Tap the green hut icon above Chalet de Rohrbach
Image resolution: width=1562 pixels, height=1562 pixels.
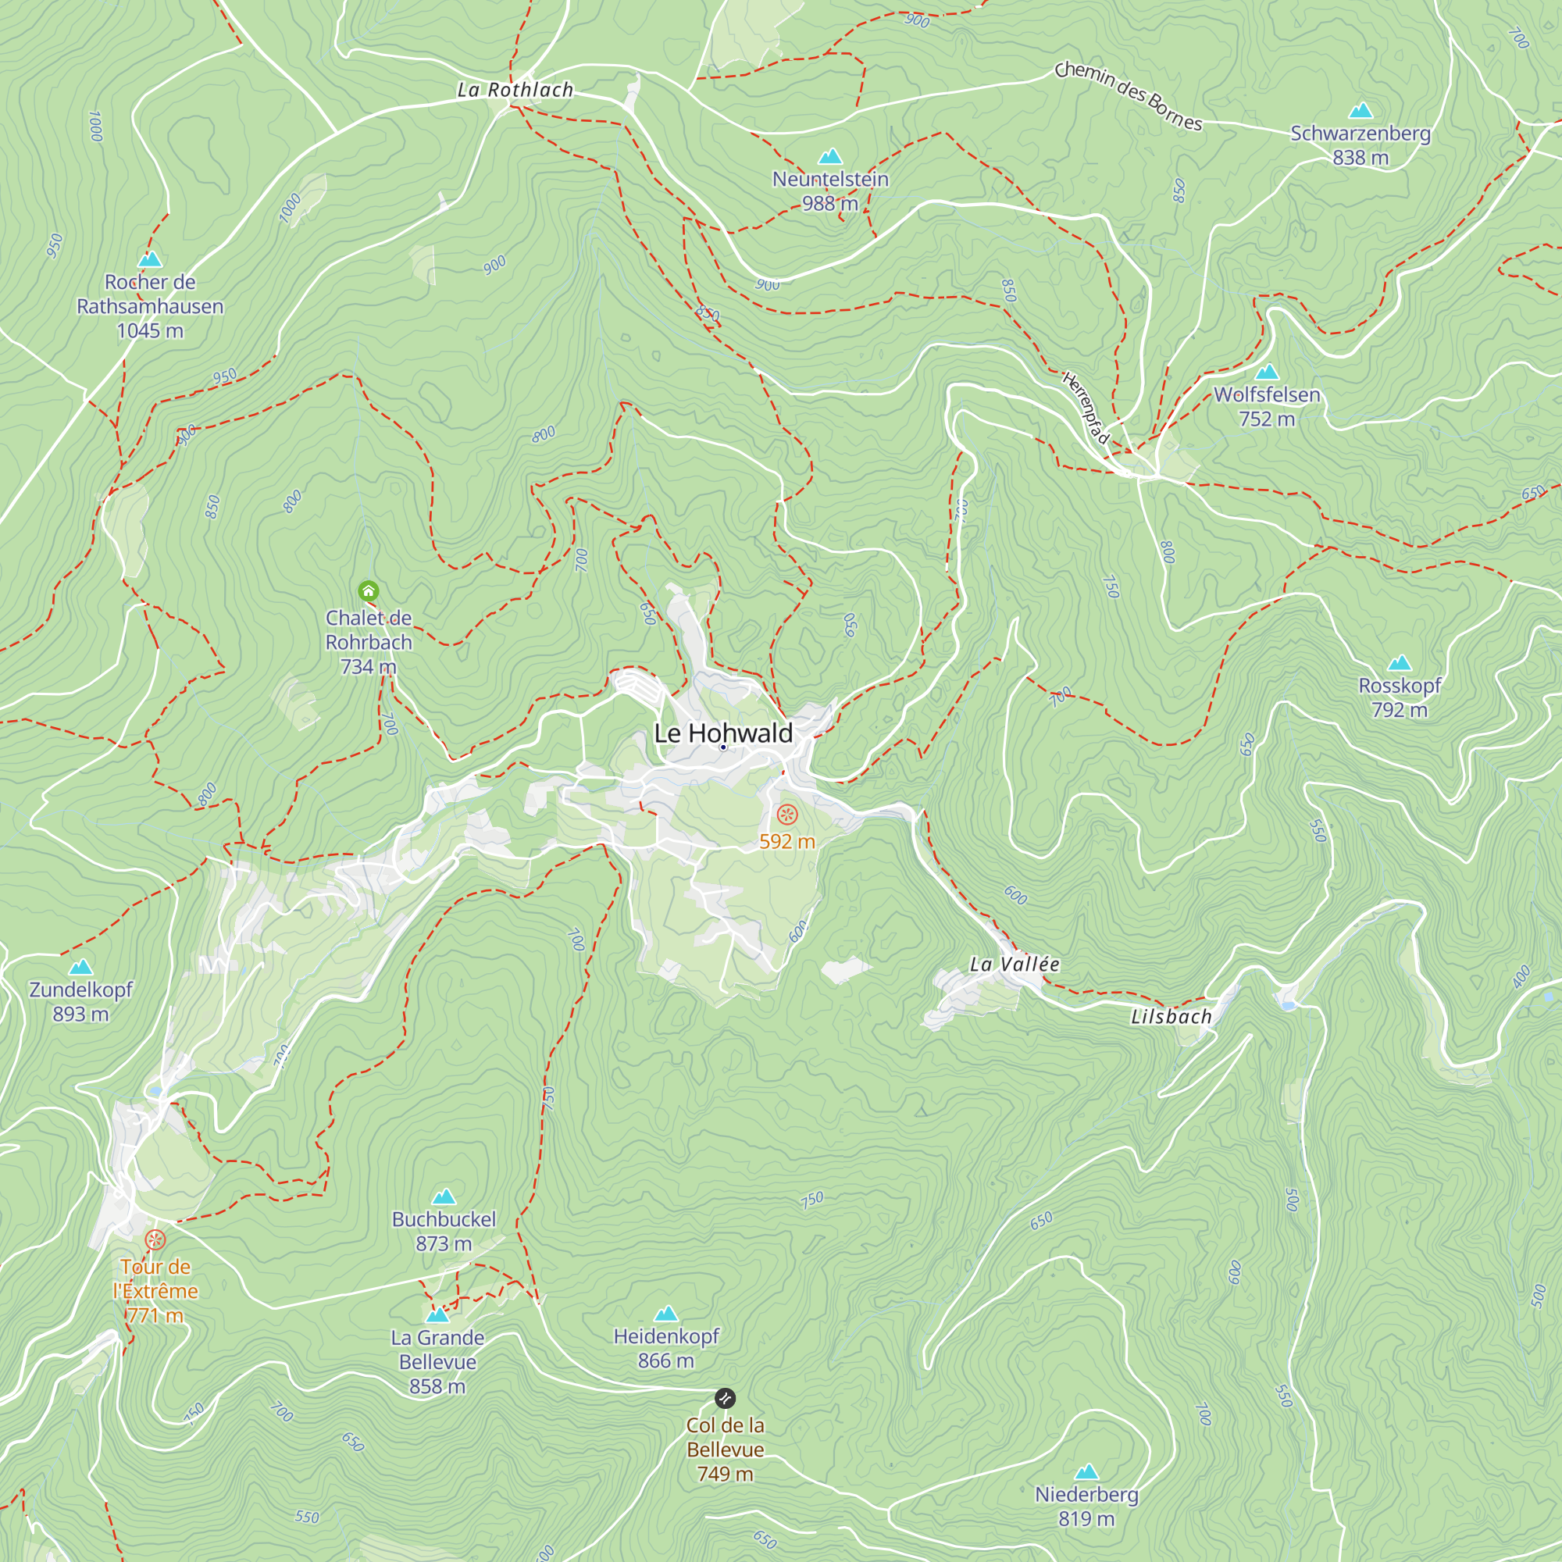tap(369, 591)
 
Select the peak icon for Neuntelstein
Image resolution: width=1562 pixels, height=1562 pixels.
tap(830, 157)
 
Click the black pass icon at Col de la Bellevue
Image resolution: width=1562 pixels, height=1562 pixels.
tap(726, 1398)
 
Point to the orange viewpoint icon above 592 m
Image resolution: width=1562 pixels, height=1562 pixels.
tap(787, 814)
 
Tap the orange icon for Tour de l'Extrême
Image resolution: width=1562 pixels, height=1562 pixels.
tap(155, 1239)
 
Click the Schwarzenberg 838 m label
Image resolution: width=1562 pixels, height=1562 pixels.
tap(1360, 145)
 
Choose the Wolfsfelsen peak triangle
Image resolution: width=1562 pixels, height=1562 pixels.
tap(1267, 373)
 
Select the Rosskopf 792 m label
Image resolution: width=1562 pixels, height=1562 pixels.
tap(1400, 697)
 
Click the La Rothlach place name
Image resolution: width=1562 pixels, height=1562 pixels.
tap(515, 90)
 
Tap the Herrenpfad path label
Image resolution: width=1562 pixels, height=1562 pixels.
tap(1085, 408)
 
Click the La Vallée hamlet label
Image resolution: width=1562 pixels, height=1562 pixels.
tap(1014, 964)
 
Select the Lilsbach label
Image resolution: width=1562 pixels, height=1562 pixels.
tap(1171, 1016)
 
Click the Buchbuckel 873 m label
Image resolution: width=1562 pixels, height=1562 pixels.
tap(443, 1231)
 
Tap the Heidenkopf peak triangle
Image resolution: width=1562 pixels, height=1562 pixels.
tap(665, 1314)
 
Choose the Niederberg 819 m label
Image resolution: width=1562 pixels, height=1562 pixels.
tap(1086, 1507)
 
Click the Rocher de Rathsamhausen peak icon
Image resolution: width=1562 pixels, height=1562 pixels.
tap(150, 259)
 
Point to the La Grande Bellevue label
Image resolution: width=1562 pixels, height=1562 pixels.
tap(437, 1361)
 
